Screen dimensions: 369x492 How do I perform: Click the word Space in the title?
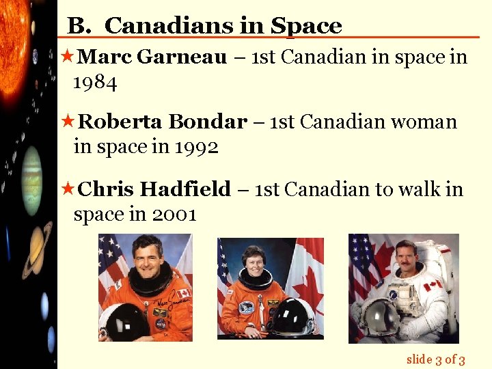[306, 26]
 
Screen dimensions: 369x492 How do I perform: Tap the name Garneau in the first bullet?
[182, 57]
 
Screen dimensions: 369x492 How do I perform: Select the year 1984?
[95, 83]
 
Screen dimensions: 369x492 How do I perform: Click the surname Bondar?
[207, 122]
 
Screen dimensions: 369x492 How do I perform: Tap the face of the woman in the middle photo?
[254, 262]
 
